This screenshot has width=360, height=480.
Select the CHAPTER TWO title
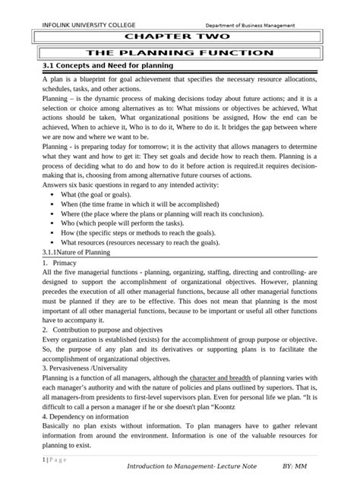click(x=179, y=37)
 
